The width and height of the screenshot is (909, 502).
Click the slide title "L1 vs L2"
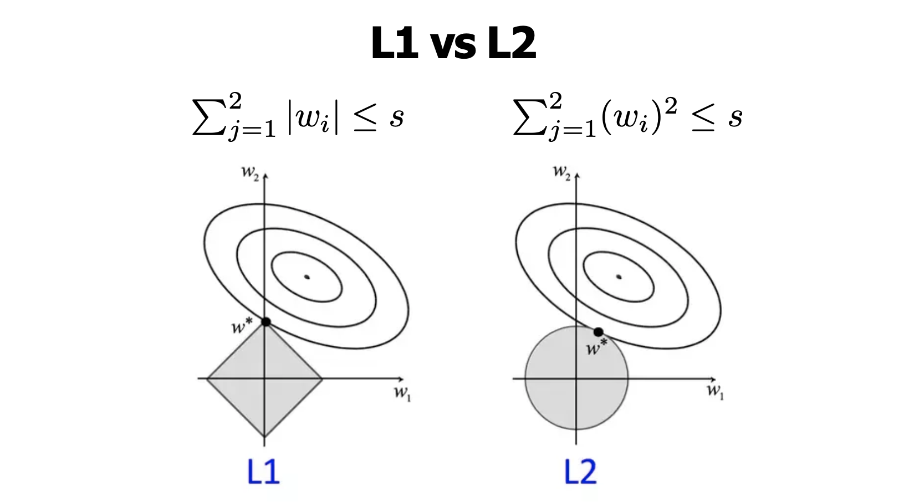tap(453, 44)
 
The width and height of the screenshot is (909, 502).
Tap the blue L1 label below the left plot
tap(263, 473)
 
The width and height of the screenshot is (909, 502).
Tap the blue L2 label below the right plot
tap(580, 473)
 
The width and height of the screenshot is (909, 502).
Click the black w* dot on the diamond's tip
tap(265, 322)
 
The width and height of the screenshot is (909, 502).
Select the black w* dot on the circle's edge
tap(598, 332)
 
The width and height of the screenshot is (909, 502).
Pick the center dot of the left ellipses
tap(307, 277)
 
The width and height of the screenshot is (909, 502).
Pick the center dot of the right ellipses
tap(619, 277)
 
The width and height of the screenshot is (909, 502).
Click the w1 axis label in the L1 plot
tap(402, 393)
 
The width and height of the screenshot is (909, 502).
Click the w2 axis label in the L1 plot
tap(249, 172)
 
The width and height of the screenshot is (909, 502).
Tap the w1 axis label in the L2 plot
tap(715, 392)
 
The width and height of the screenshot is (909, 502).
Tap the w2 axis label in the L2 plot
tap(561, 172)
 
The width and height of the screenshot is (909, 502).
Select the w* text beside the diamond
tap(241, 327)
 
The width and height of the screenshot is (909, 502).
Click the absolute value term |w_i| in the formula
tap(313, 117)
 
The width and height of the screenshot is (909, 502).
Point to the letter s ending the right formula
tap(735, 117)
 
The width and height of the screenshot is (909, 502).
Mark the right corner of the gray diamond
tap(321, 379)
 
